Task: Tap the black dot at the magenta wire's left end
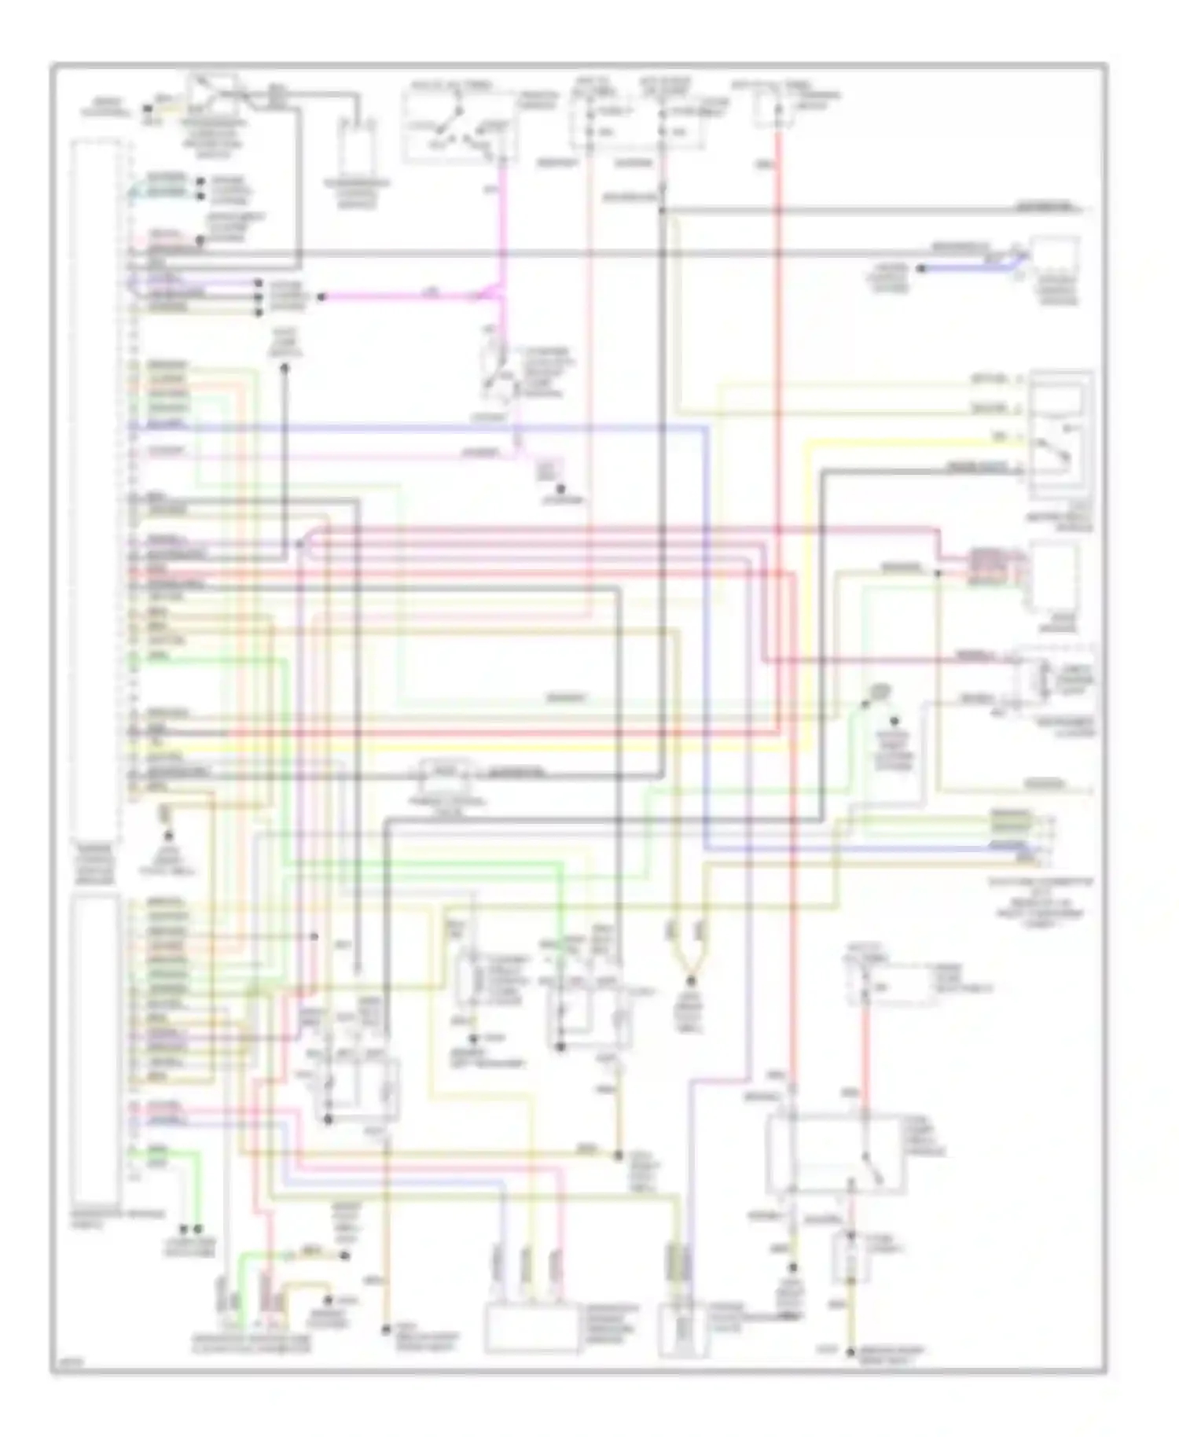320,297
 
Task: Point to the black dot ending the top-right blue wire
921,269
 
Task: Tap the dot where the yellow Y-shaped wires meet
690,981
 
